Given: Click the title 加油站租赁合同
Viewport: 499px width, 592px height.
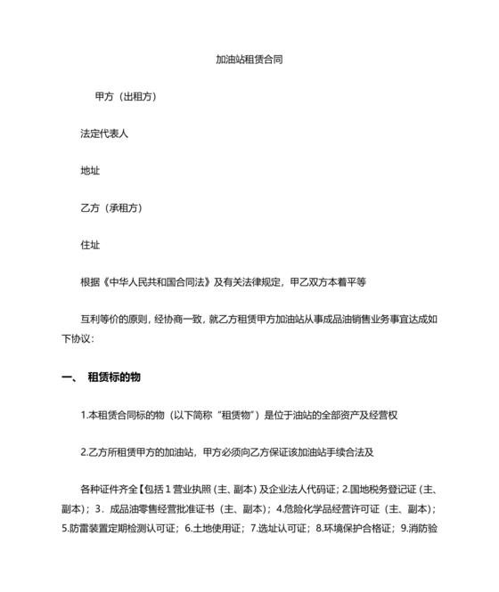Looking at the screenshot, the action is pos(250,61).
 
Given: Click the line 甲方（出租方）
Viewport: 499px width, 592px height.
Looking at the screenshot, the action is pos(127,96).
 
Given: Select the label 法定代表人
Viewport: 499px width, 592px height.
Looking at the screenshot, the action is pos(104,134).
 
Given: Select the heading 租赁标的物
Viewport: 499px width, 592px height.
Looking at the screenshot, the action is pos(114,377).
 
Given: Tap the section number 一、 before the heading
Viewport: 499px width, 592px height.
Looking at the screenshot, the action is pos(70,377).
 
